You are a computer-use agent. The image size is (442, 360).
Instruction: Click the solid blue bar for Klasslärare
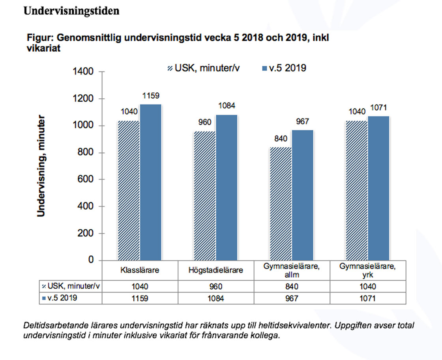coord(150,182)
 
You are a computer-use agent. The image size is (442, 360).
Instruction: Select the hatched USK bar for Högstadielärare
coord(205,195)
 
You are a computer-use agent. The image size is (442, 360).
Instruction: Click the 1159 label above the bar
coord(151,96)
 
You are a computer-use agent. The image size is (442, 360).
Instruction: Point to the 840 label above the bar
coord(280,139)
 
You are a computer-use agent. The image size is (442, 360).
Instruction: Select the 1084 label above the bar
coord(227,106)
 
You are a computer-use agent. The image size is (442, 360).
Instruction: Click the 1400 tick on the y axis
coord(84,72)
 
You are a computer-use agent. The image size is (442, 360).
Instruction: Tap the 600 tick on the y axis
coord(86,180)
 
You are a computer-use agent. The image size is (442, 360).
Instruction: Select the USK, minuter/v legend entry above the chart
coord(203,68)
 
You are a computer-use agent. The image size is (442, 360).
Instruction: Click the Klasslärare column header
coord(140,271)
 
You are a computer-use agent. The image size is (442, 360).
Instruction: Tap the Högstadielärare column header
coord(216,271)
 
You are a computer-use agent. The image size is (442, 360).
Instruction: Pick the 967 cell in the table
coord(292,298)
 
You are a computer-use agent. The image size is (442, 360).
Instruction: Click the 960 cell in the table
coord(216,287)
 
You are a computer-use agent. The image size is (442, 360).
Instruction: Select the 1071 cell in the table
coord(367,298)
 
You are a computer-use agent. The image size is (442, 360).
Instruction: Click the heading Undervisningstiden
coord(71,11)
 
